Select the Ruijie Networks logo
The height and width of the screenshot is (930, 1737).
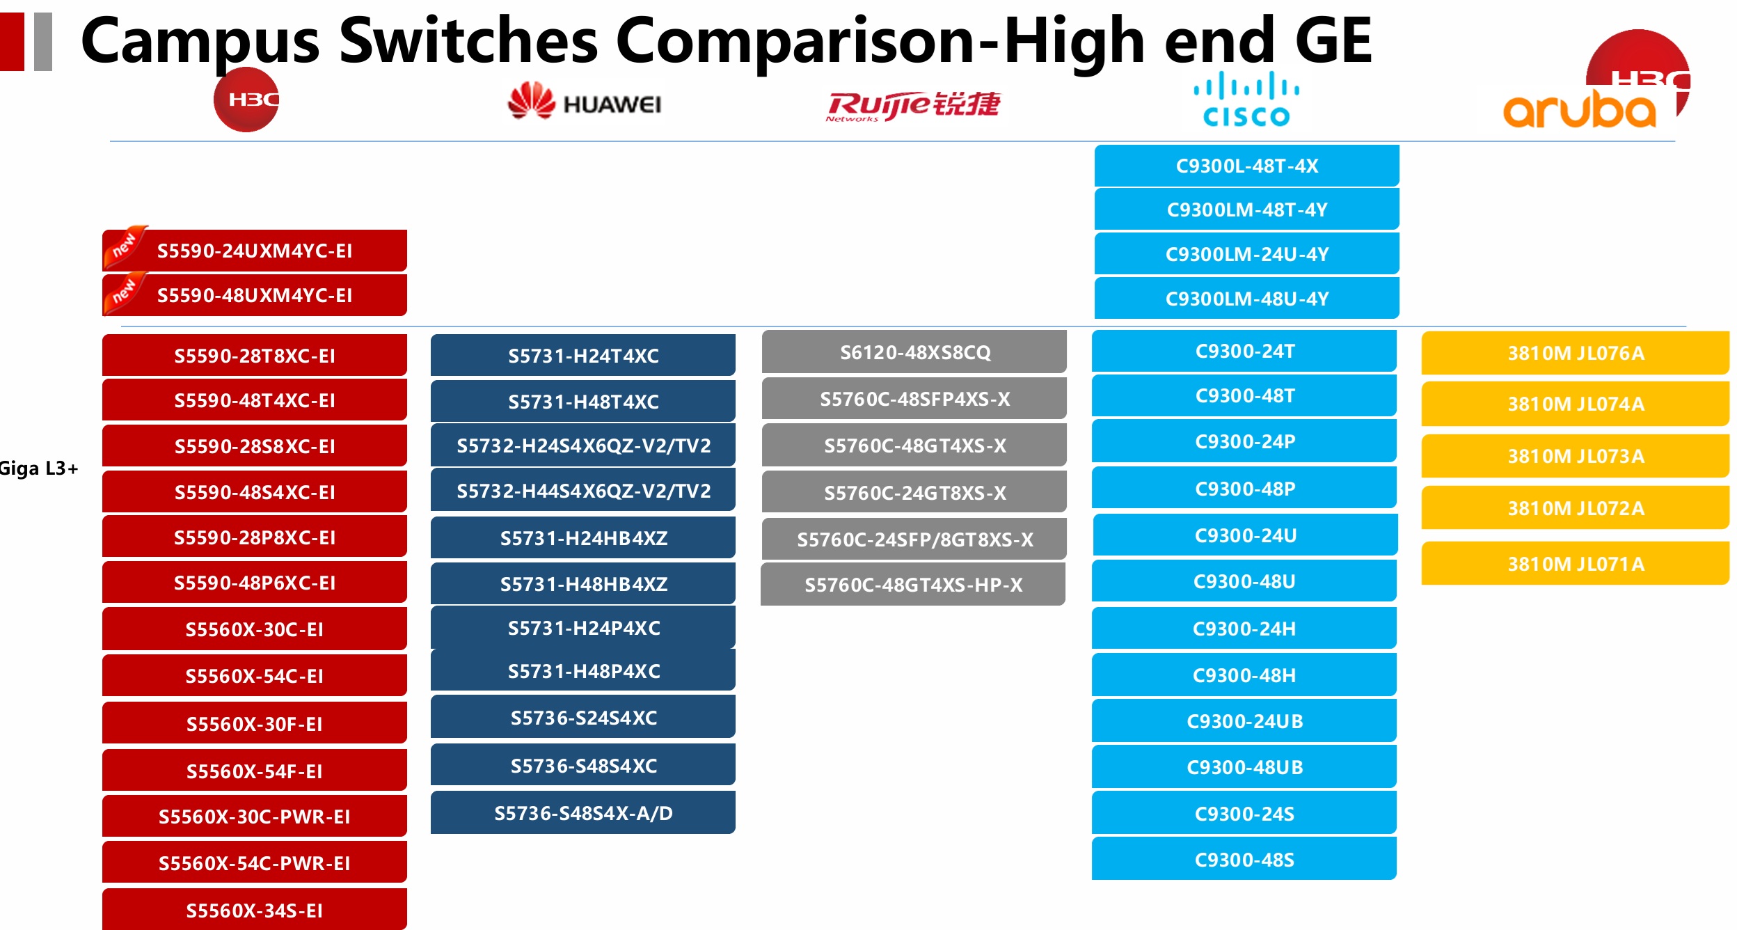pyautogui.click(x=912, y=106)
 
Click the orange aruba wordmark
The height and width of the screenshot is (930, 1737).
pyautogui.click(x=1579, y=110)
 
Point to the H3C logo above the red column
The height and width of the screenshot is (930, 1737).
pyautogui.click(x=246, y=100)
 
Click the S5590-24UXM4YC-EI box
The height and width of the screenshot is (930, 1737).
pyautogui.click(x=255, y=251)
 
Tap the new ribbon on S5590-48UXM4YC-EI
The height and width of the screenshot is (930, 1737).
pyautogui.click(x=124, y=292)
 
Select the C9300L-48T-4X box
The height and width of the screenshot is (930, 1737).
pyautogui.click(x=1246, y=166)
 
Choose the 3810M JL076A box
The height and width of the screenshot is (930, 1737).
pyautogui.click(x=1575, y=353)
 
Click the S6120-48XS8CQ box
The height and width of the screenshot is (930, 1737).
pyautogui.click(x=914, y=352)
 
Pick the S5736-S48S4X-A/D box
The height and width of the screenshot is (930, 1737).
pyautogui.click(x=583, y=812)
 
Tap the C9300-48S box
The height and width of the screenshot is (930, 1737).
pyautogui.click(x=1244, y=859)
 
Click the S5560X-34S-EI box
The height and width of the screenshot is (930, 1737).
pyautogui.click(x=255, y=910)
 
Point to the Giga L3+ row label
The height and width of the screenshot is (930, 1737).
pyautogui.click(x=39, y=468)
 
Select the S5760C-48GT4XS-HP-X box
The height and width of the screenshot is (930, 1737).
pyautogui.click(x=913, y=584)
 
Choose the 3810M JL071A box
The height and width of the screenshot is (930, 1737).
pyautogui.click(x=1575, y=563)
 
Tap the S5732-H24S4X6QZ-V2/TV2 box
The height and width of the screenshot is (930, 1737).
pyautogui.click(x=583, y=446)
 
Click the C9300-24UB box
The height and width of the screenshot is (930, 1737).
pyautogui.click(x=1244, y=720)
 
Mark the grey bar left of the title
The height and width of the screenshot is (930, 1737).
pyautogui.click(x=43, y=42)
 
